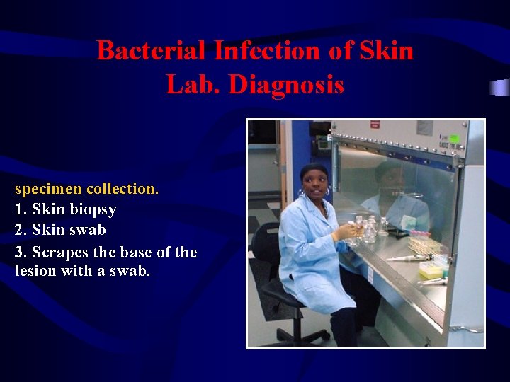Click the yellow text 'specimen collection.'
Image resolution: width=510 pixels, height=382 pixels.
pyautogui.click(x=87, y=189)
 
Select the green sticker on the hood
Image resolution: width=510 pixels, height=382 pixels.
pyautogui.click(x=454, y=137)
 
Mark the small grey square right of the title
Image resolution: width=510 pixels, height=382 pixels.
pyautogui.click(x=500, y=87)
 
